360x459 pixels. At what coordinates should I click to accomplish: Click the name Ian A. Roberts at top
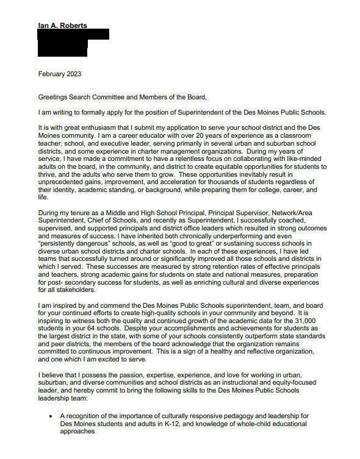(62, 26)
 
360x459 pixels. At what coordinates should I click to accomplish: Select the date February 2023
(59, 74)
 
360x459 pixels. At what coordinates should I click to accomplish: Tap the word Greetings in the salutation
(54, 97)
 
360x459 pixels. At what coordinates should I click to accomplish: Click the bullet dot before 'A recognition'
(51, 416)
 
